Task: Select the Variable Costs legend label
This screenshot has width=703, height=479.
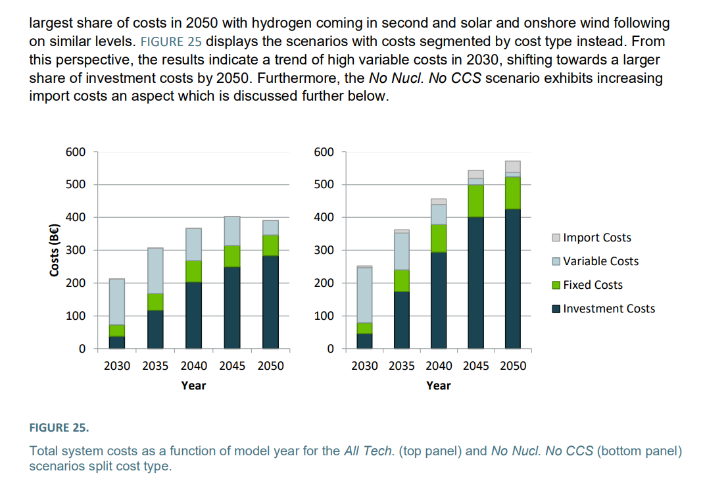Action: [x=600, y=261]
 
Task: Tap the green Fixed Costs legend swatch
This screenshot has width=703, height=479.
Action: [x=556, y=285]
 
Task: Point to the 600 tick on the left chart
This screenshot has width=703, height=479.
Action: [x=76, y=152]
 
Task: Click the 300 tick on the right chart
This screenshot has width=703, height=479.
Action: [x=324, y=250]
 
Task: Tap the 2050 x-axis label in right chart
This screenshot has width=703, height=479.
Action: [x=513, y=366]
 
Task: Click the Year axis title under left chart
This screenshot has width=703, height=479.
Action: [x=193, y=386]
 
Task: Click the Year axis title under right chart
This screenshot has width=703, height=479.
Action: [x=438, y=386]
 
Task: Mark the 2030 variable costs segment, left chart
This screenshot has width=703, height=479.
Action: [x=117, y=301]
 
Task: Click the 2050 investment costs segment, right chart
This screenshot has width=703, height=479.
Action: [x=513, y=280]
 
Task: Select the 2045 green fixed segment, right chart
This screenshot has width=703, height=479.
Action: [x=475, y=201]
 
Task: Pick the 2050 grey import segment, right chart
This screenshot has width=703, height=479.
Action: [x=513, y=166]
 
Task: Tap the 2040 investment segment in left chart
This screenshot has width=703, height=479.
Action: [x=193, y=315]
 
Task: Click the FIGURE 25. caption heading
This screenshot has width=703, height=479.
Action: [x=59, y=428]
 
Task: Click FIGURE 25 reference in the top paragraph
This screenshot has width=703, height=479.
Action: [x=172, y=41]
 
